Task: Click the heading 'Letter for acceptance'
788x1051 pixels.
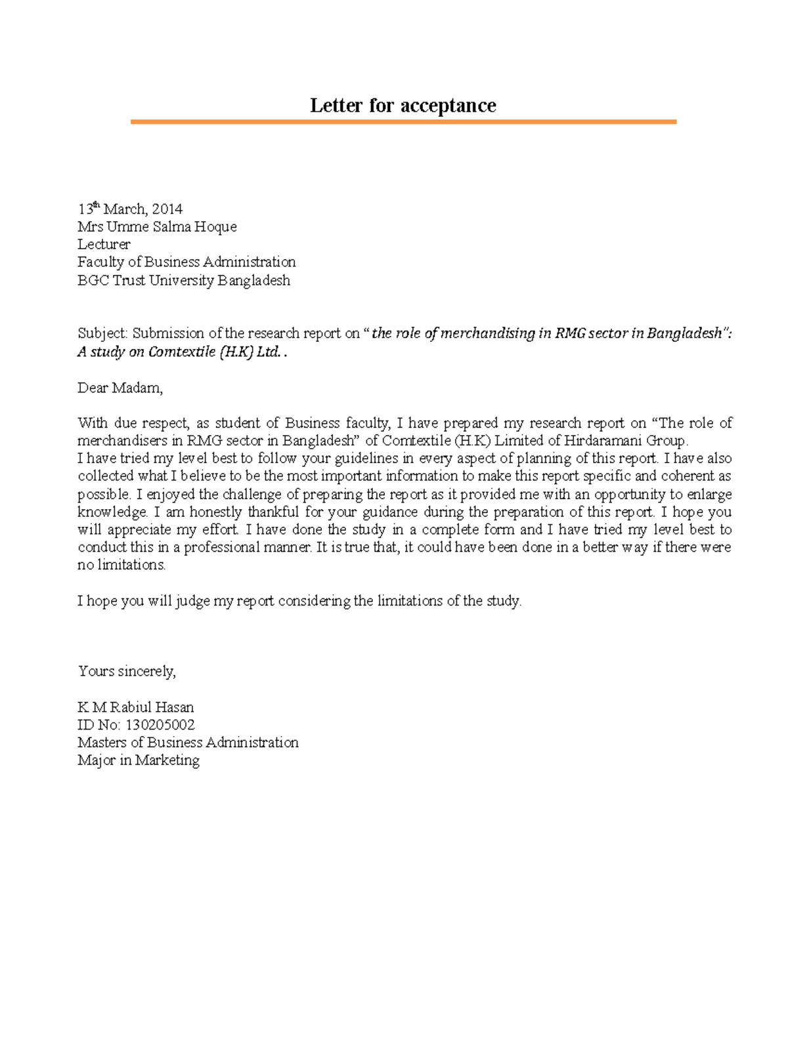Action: (403, 106)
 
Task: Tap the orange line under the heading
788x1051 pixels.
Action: (403, 122)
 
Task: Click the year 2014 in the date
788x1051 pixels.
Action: (167, 209)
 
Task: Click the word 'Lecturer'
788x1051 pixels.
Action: (104, 245)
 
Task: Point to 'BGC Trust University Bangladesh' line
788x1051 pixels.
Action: (183, 281)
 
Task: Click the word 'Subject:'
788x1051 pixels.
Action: (102, 334)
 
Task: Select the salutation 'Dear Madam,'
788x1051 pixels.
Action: (120, 388)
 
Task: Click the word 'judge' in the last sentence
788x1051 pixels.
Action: (192, 601)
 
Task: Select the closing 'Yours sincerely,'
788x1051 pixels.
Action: (127, 671)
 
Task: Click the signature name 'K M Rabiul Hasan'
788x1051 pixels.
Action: (135, 707)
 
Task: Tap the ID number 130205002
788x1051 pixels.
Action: (160, 725)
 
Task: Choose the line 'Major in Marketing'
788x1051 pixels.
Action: (138, 760)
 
